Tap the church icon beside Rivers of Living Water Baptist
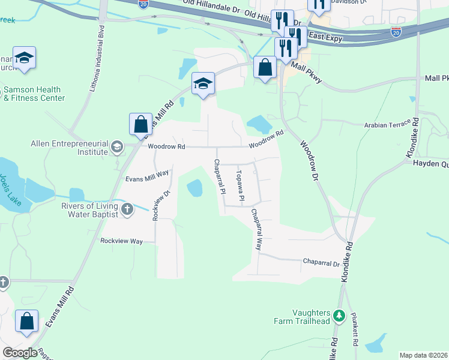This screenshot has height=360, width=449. pos(127,209)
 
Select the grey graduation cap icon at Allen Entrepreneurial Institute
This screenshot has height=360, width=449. pos(117,146)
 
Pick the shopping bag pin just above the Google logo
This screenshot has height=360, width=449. pos(27,321)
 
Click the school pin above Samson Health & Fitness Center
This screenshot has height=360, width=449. pos(24,58)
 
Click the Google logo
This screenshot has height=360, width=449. pos(20,353)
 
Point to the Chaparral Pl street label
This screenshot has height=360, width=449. pos(220,176)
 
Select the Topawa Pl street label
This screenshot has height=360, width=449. pos(241,185)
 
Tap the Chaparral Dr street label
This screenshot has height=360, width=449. pos(321,263)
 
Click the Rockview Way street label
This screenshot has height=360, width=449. pos(121,241)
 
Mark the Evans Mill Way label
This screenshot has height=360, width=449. pos(148,178)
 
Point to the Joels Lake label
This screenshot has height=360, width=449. pos(10,190)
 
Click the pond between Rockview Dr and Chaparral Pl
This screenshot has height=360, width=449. pos(194,188)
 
